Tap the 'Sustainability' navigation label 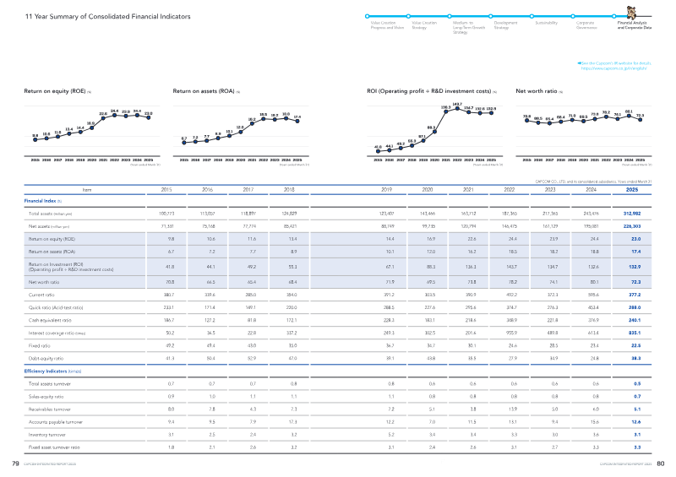pyautogui.click(x=547, y=23)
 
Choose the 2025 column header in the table pyautogui.click(x=632, y=190)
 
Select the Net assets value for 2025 pyautogui.click(x=632, y=227)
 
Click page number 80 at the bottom pyautogui.click(x=662, y=463)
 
